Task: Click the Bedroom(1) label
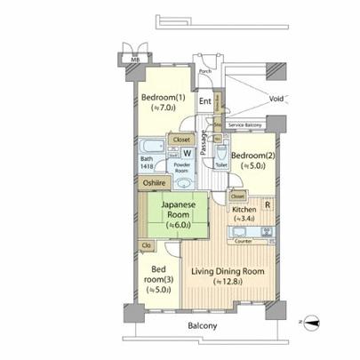click(163, 98)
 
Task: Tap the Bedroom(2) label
click(251, 147)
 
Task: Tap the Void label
click(276, 99)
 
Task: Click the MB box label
click(135, 60)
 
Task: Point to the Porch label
click(204, 71)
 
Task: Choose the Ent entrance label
click(205, 100)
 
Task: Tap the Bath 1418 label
click(147, 163)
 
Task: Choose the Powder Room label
click(182, 167)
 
